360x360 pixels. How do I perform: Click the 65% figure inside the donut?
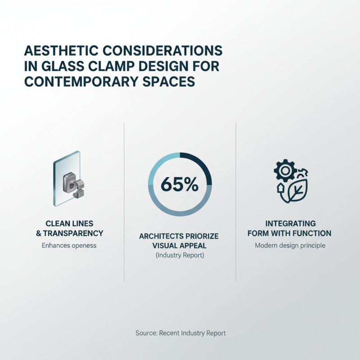point(179,184)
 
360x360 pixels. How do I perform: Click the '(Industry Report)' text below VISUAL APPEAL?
point(180,256)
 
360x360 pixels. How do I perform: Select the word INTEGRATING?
point(291,224)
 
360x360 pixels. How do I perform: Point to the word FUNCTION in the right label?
point(311,233)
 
